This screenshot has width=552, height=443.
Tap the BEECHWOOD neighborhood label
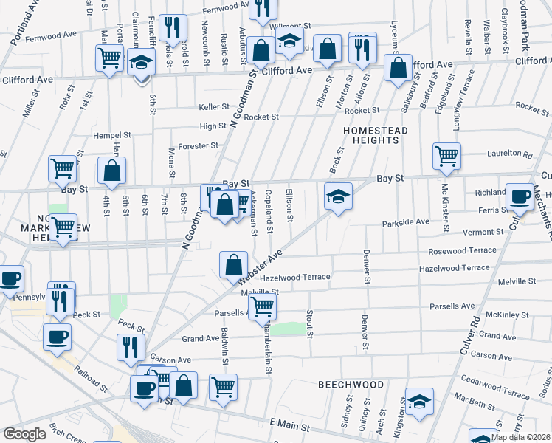pyautogui.click(x=351, y=385)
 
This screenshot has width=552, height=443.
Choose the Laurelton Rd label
pyautogui.click(x=509, y=154)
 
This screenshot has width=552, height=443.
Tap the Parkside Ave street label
pyautogui.click(x=405, y=222)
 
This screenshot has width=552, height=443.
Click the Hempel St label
pyautogui.click(x=111, y=135)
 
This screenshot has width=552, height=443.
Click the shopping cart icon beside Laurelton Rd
pyautogui.click(x=446, y=156)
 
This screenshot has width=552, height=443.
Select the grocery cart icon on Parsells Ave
pyautogui.click(x=262, y=306)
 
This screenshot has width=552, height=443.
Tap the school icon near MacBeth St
pyautogui.click(x=419, y=401)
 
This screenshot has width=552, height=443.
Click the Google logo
pyautogui.click(x=25, y=434)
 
